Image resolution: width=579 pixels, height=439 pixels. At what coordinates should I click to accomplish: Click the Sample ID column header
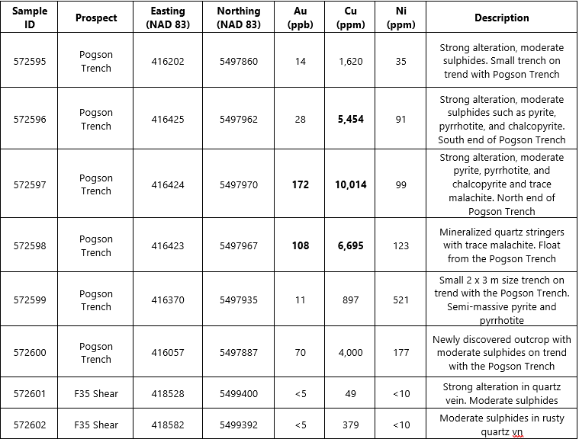click(30, 18)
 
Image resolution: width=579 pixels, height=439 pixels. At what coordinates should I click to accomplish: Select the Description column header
click(501, 18)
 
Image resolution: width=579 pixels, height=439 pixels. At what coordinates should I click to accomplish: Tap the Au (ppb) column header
click(301, 18)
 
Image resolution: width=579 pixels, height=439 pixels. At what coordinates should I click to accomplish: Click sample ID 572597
click(30, 184)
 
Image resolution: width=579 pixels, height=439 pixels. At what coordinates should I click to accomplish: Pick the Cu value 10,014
click(351, 184)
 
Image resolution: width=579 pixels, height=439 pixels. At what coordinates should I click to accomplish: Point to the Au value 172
click(301, 184)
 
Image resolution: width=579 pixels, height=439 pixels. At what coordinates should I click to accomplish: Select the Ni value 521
click(401, 300)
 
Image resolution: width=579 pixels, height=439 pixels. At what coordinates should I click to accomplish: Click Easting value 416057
click(167, 353)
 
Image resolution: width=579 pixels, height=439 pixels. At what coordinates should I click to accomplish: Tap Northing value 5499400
click(238, 394)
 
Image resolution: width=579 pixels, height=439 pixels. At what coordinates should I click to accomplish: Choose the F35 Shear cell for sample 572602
click(96, 425)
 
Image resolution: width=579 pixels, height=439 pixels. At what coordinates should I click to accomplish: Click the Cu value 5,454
click(351, 119)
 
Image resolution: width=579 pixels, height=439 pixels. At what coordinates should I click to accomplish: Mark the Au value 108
click(301, 245)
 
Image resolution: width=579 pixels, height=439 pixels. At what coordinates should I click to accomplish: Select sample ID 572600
click(30, 353)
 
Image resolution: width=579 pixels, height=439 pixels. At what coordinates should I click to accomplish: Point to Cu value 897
click(351, 300)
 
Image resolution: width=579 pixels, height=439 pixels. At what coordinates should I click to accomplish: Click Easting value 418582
click(167, 425)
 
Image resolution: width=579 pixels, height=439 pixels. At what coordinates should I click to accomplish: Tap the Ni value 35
click(401, 62)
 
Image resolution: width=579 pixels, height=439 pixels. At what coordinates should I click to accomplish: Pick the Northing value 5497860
click(238, 62)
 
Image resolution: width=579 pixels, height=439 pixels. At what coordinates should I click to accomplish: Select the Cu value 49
click(351, 394)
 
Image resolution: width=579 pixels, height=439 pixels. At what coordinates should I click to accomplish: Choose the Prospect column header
click(96, 18)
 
